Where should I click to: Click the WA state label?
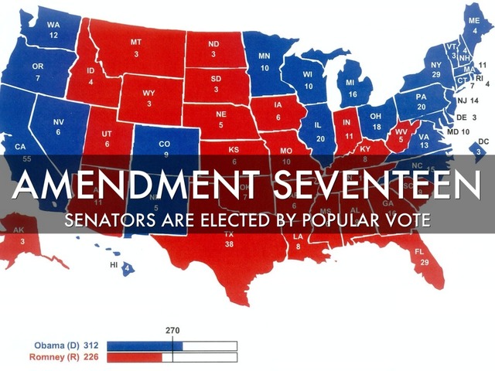53,26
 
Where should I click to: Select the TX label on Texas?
228,233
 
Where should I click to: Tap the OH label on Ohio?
377,117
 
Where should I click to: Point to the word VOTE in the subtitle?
404,220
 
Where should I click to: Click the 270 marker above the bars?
173,330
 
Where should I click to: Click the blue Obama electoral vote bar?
144,345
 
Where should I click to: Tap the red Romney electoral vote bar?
134,358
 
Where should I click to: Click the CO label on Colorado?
163,144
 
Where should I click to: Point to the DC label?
483,142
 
